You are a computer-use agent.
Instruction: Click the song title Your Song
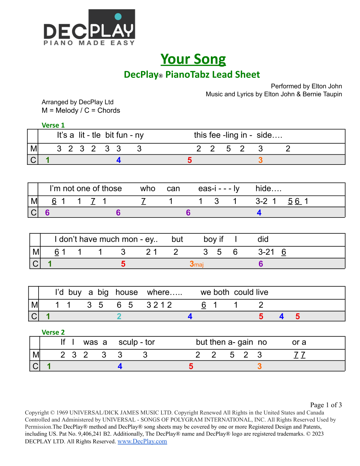click(x=193, y=59)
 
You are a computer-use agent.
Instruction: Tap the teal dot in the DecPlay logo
click(x=118, y=16)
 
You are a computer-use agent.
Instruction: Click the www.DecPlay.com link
click(x=142, y=441)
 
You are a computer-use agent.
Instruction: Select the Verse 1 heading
click(x=53, y=125)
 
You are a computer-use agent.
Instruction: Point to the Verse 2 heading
click(x=53, y=332)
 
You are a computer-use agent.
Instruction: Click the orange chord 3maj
click(x=196, y=264)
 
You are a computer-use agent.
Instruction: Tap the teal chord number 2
click(x=119, y=316)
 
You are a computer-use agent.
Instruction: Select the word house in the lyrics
click(x=127, y=292)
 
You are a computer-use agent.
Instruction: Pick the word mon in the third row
click(x=130, y=239)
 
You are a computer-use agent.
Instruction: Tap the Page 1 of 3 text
click(x=326, y=405)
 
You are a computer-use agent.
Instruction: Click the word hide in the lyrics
click(x=263, y=188)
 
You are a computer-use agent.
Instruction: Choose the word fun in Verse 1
click(x=121, y=135)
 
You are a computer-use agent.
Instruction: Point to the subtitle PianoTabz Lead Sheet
click(x=213, y=75)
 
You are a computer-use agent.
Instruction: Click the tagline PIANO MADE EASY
click(x=89, y=43)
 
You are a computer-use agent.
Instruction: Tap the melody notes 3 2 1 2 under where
click(x=159, y=305)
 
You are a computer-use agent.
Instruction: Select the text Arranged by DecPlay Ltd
click(x=77, y=102)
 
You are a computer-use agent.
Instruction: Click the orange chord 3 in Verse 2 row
click(x=260, y=366)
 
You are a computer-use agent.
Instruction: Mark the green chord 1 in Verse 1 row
click(x=48, y=160)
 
